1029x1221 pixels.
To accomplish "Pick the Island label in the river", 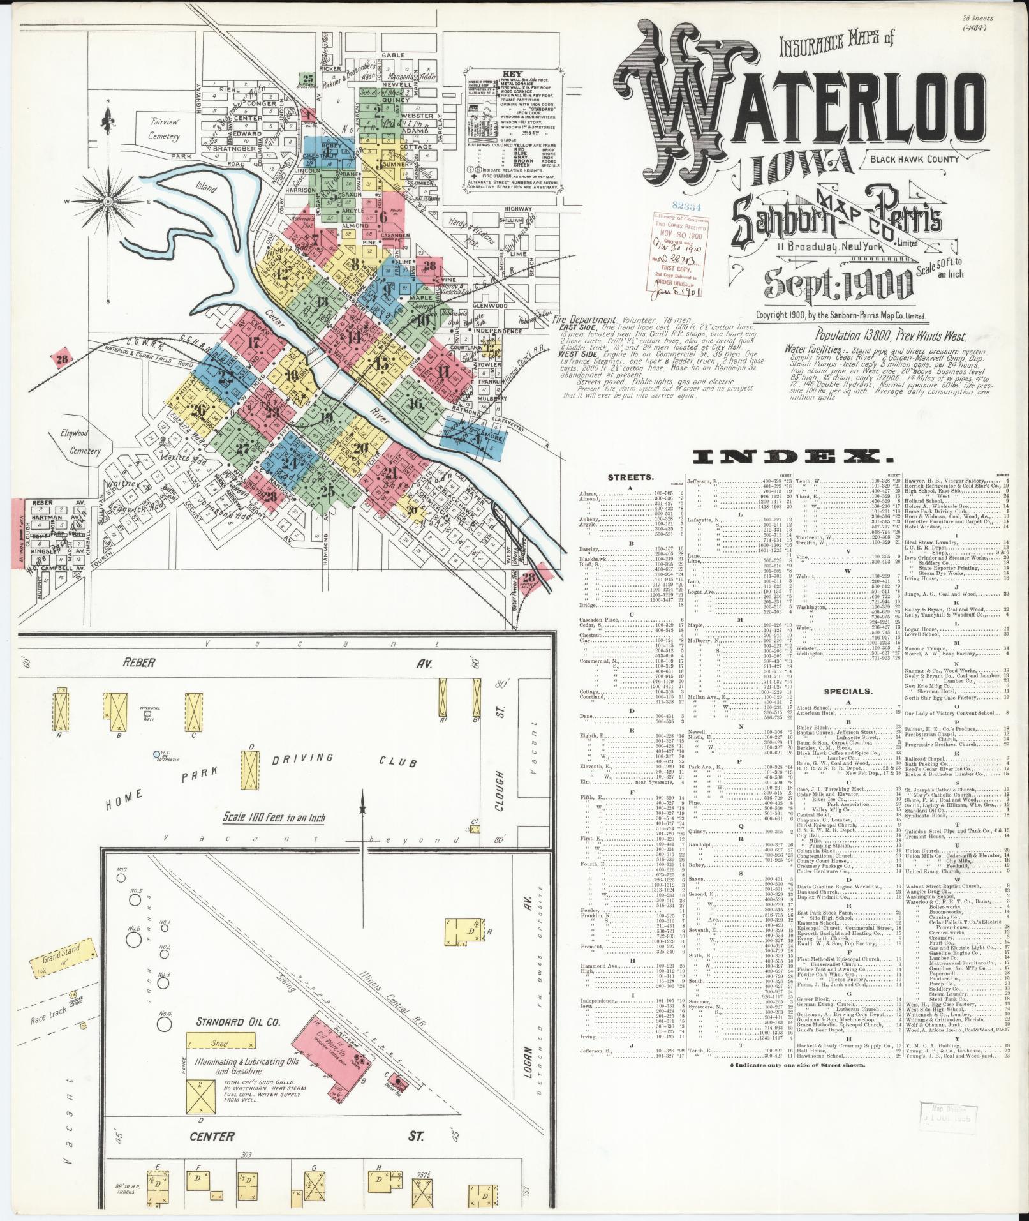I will click(x=206, y=189).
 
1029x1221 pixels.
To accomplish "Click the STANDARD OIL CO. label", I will click(x=238, y=1021).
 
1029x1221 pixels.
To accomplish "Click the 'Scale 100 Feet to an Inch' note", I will click(x=274, y=818).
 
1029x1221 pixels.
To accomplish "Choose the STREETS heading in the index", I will click(x=630, y=476).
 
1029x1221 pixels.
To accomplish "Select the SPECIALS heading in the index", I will click(x=848, y=691).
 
